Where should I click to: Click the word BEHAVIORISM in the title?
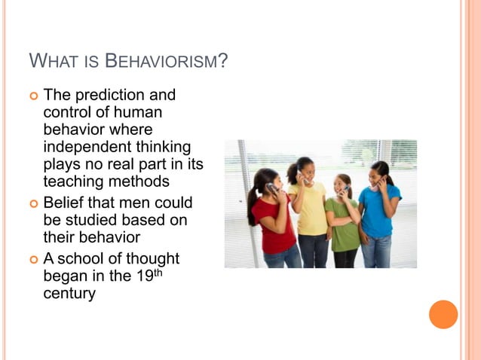coord(164,60)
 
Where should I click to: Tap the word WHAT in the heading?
coord(51,60)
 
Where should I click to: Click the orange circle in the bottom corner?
coord(443,314)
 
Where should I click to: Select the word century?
coord(69,293)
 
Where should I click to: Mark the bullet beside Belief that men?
coord(32,203)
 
